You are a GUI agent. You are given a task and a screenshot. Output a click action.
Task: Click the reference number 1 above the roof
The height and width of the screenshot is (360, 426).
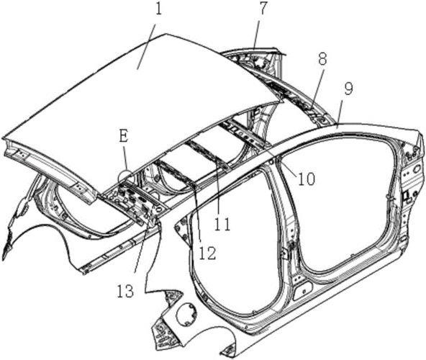pyautogui.click(x=158, y=9)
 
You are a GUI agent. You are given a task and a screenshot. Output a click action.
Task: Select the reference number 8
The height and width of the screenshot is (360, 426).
pyautogui.click(x=322, y=59)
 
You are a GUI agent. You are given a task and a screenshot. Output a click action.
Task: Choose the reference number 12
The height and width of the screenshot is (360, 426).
pyautogui.click(x=207, y=253)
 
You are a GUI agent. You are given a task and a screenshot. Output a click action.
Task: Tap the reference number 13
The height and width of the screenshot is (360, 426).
pyautogui.click(x=125, y=290)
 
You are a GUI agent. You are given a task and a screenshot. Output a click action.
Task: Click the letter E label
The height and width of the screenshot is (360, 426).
pyautogui.click(x=123, y=137)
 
